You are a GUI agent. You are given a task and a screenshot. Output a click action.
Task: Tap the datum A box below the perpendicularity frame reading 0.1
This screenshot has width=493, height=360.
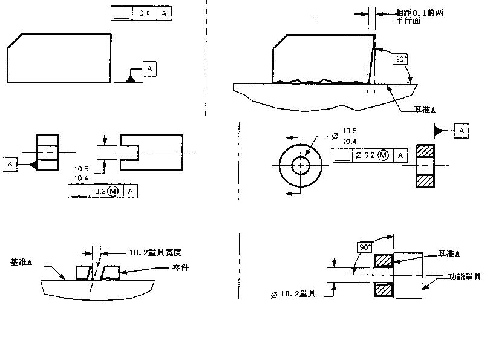[x=149, y=68]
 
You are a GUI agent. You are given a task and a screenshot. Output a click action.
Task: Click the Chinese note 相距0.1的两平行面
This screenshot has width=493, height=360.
[x=419, y=16]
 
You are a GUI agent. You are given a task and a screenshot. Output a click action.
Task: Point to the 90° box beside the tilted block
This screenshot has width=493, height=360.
[x=400, y=59]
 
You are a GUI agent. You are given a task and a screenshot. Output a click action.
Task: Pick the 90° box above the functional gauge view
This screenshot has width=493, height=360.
[x=365, y=247]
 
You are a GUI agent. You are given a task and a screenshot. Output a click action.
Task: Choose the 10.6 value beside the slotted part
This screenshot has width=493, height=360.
[x=82, y=169]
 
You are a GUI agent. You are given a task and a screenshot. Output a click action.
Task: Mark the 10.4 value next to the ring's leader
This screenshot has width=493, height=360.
[x=350, y=140]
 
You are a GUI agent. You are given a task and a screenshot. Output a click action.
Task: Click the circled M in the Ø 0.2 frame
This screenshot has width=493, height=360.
[x=384, y=155]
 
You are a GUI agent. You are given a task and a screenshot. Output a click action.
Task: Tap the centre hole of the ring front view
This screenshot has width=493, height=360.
[x=301, y=165]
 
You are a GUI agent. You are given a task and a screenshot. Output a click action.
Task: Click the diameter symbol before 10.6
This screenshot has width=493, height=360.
[x=335, y=131]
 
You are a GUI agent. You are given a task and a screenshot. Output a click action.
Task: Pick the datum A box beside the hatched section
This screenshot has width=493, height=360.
[x=462, y=130]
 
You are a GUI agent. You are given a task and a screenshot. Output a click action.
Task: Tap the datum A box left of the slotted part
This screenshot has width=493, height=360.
[x=10, y=164]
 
